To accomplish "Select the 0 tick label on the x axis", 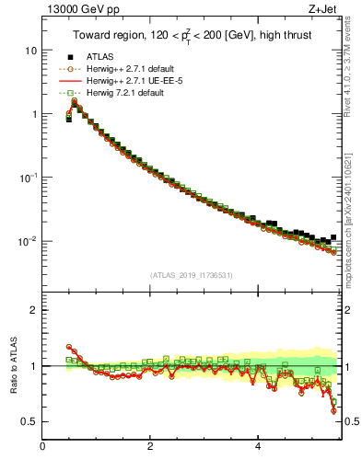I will [x=42, y=447].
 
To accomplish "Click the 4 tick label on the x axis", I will [x=257, y=447].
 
